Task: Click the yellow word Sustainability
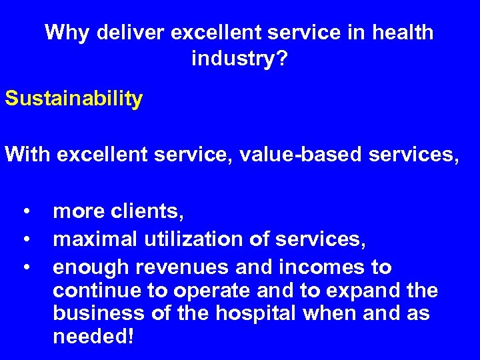point(73,99)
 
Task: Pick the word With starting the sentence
point(28,156)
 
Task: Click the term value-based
point(301,156)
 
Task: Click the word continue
point(94,291)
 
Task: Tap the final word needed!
point(93,337)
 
